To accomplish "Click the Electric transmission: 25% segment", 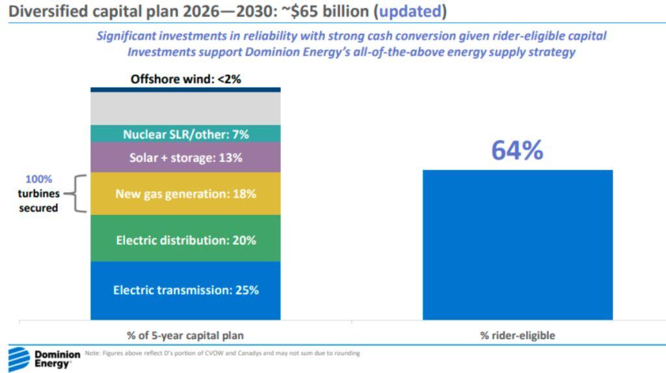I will coord(185,290).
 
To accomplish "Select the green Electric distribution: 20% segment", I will coord(185,240).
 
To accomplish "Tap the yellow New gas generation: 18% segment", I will coord(185,193).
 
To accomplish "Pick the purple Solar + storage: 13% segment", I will coord(185,158).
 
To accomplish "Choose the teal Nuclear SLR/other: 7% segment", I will coord(185,134).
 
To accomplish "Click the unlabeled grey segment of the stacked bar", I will coord(185,108).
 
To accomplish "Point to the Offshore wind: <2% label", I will coord(185,79).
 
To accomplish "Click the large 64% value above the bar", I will coord(517,150).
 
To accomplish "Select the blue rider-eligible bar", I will coord(517,245).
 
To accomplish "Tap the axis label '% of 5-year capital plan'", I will coord(185,335).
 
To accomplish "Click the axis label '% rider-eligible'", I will coord(517,335).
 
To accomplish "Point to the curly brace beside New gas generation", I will coord(77,193).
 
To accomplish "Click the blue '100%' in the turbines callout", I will coord(39,179).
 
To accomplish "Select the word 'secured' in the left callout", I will coord(39,208).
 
